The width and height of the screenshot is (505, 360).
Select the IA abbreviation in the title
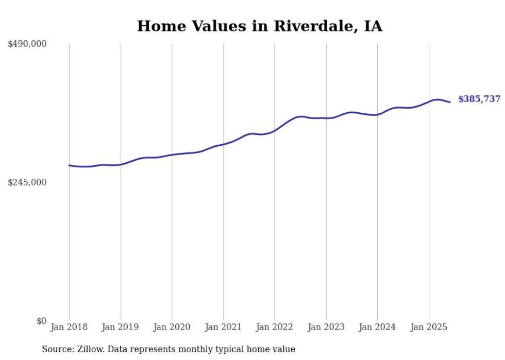[373, 26]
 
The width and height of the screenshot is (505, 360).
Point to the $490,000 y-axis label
[27, 44]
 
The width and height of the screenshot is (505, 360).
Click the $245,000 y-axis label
[27, 182]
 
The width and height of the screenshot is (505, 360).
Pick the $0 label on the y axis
[41, 321]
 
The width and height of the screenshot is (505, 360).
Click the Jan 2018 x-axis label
[69, 327]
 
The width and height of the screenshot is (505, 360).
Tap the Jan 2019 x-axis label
[121, 327]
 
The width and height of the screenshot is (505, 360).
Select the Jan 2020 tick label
[172, 327]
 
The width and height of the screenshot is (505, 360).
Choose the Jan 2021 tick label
[223, 327]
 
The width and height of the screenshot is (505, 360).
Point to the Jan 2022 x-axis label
[275, 327]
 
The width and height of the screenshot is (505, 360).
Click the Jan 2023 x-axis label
[326, 327]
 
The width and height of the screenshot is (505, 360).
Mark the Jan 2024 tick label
[377, 327]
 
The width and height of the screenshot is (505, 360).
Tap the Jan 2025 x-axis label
[429, 327]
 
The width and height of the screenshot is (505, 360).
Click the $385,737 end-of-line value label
[479, 99]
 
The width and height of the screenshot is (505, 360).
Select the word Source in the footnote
[58, 349]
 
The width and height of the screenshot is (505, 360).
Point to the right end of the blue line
[450, 102]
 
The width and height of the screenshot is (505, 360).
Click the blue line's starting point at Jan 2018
[69, 165]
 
